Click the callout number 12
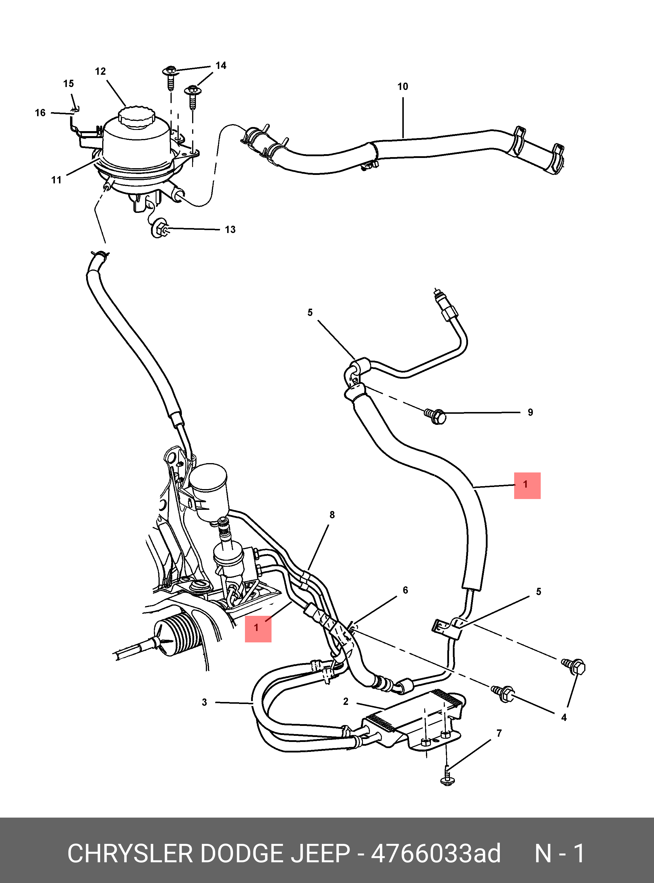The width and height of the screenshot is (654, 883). (x=100, y=71)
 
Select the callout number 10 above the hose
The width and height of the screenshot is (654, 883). (x=403, y=86)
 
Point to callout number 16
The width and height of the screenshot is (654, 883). (x=40, y=113)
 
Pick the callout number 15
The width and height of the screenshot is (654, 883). (x=69, y=84)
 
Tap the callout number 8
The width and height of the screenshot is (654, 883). (x=332, y=515)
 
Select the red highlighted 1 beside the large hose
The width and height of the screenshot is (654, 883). (x=527, y=486)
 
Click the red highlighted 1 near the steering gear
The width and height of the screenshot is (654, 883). (x=258, y=629)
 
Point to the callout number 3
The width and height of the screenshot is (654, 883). (x=204, y=702)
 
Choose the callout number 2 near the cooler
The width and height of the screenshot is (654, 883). (x=346, y=701)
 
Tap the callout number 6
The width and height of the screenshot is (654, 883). (x=405, y=590)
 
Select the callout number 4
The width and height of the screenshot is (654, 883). (x=564, y=717)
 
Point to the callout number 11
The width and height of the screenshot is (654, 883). (x=57, y=180)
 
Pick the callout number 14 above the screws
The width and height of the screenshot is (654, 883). (x=221, y=65)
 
